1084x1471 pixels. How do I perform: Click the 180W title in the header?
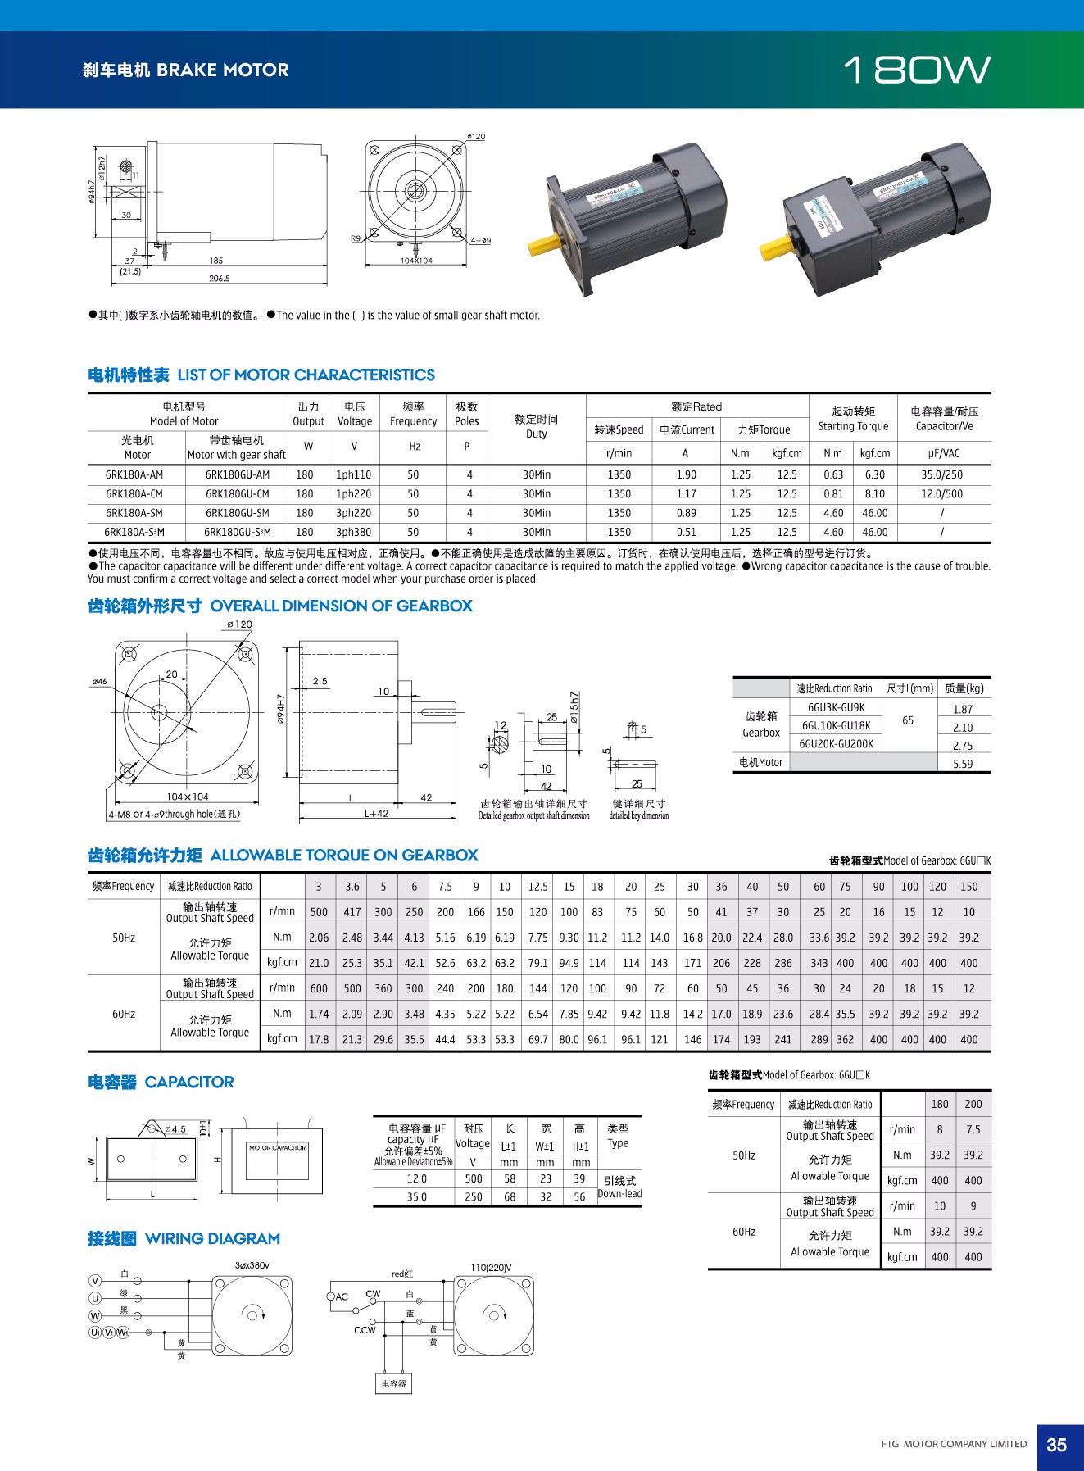coord(917,70)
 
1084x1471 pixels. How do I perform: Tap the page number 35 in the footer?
coord(1056,1445)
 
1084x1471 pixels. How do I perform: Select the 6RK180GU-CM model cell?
coord(237,494)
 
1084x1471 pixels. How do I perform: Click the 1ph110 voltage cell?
coord(354,475)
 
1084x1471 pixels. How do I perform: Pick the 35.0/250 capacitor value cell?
coord(941,475)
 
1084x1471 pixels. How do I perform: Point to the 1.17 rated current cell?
coord(686,494)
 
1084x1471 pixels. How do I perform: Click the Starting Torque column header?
coord(853,419)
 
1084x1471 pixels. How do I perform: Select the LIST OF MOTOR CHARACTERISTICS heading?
coord(306,375)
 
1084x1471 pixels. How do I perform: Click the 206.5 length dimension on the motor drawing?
coord(219,279)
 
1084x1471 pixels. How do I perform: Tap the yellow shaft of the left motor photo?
coord(543,243)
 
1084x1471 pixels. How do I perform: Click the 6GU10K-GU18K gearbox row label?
coord(836,726)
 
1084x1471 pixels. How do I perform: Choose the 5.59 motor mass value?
coord(963,764)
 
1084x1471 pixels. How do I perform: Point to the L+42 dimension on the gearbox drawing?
coord(376,814)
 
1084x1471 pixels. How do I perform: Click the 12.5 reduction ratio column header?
coord(537,887)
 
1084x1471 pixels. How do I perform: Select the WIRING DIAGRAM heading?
coord(212,1239)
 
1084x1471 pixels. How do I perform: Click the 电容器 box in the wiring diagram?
coord(393,1384)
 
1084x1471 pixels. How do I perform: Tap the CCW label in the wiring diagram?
coord(365,1330)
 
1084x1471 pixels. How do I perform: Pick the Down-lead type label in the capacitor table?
coord(619,1194)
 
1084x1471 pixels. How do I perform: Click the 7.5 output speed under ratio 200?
coord(973,1129)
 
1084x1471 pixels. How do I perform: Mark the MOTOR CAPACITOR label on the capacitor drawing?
coord(277,1148)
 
